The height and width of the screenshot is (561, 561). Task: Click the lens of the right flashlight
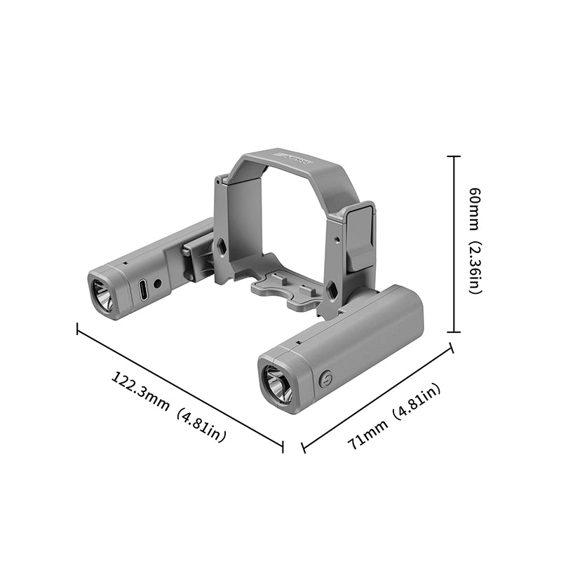coord(278,386)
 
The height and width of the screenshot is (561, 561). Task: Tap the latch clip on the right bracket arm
coord(360,236)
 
